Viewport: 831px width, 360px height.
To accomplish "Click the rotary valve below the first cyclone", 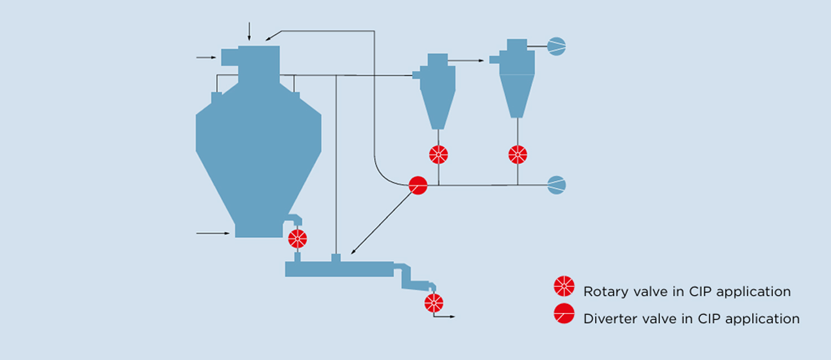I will [x=438, y=155].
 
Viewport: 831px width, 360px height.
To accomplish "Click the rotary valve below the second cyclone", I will [x=517, y=155].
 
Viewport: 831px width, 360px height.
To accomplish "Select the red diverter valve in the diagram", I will [x=418, y=186].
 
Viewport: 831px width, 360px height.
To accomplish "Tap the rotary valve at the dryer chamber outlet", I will [x=297, y=239].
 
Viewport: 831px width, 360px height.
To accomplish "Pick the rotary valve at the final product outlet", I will [x=434, y=302].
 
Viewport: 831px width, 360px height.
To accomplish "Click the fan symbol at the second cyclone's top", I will [x=556, y=46].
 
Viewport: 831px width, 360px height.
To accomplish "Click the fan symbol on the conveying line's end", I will [x=556, y=185].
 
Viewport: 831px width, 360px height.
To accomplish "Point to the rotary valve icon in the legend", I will [x=564, y=286].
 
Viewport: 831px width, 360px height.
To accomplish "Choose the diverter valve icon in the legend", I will [x=564, y=314].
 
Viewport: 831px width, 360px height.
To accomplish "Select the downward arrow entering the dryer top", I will [x=249, y=32].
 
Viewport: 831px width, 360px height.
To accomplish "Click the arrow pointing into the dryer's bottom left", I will [x=213, y=233].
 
